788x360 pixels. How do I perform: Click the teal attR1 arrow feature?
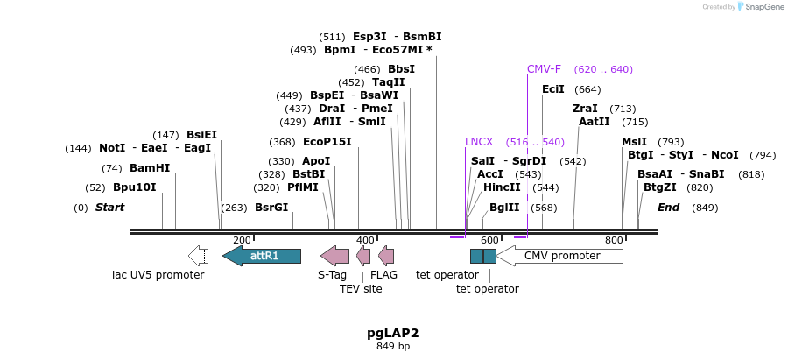point(262,256)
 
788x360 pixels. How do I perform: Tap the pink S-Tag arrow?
point(335,256)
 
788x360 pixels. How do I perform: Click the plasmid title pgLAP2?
point(393,333)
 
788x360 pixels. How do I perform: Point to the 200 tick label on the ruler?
point(242,240)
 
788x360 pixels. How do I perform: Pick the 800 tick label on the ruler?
point(614,240)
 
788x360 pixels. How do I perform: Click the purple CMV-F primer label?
point(544,69)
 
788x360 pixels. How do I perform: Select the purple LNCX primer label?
point(479,141)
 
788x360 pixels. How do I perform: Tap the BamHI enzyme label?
point(150,168)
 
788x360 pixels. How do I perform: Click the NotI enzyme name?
point(112,148)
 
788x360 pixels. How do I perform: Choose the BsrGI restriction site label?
point(271,208)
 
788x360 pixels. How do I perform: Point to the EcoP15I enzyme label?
point(327,142)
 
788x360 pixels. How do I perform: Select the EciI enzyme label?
point(553,89)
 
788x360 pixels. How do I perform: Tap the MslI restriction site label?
point(634,142)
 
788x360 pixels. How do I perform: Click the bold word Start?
point(110,208)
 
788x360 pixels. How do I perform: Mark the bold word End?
point(669,208)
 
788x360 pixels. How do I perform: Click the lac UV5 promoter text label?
point(158,275)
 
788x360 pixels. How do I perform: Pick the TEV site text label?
point(361,289)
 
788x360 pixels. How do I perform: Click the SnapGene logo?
point(760,7)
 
